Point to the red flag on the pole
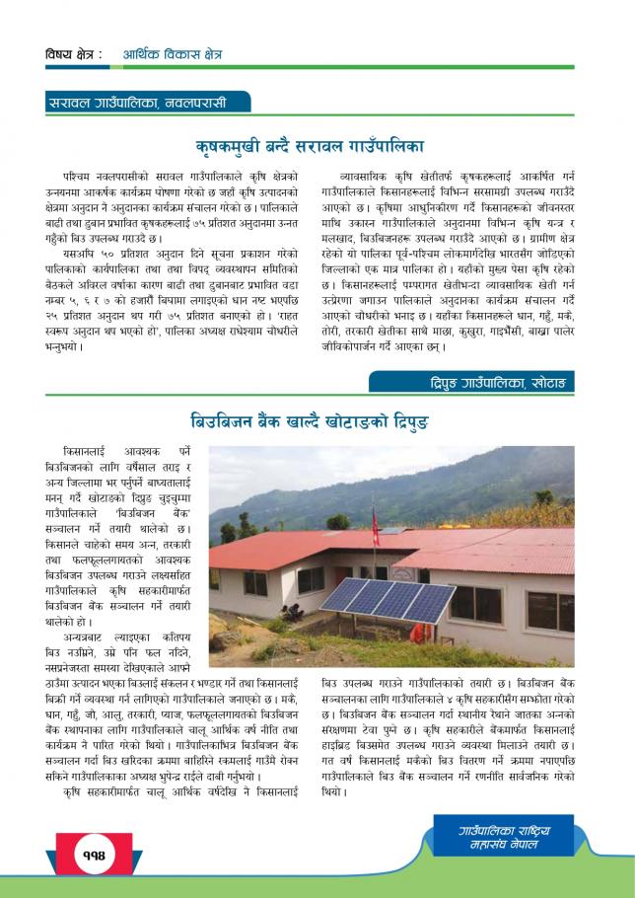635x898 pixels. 375,521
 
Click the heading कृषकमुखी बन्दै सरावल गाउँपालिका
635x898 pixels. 309,142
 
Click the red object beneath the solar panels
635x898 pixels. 415,632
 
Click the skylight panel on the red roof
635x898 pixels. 391,531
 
